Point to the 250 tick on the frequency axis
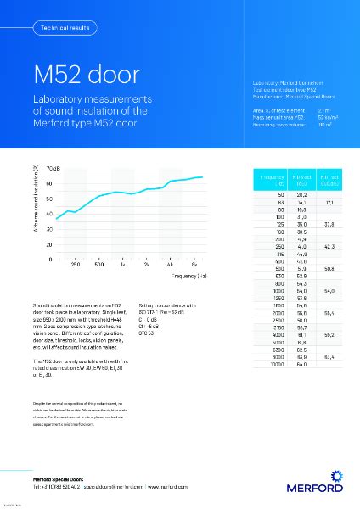76,266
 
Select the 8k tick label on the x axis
194,266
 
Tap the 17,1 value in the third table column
329,203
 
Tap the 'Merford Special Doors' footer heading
59,480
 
